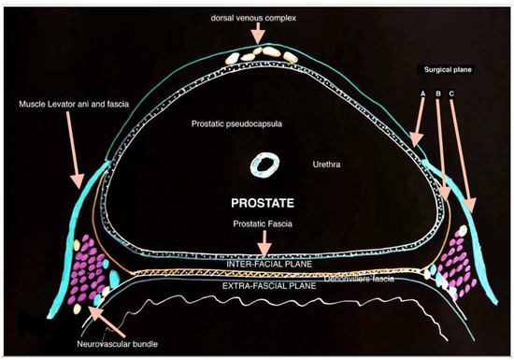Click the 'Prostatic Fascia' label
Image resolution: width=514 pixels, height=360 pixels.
tap(264, 223)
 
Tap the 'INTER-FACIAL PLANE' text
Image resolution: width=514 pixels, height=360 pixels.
tap(267, 264)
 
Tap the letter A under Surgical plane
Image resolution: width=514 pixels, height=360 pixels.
tap(423, 94)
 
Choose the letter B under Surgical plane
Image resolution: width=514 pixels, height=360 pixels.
tap(437, 94)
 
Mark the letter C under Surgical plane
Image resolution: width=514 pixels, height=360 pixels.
tap(452, 94)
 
